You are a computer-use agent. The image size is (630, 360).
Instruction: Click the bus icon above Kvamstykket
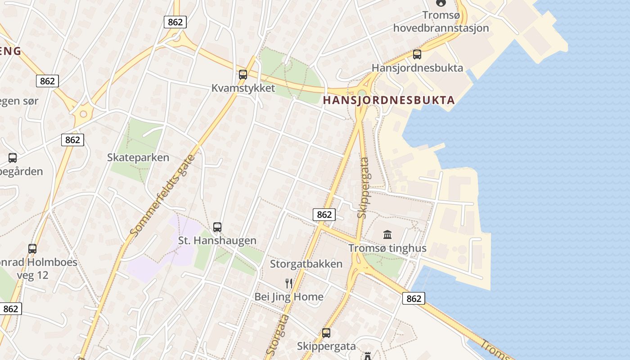(243, 75)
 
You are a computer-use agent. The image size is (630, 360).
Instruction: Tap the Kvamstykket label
(243, 88)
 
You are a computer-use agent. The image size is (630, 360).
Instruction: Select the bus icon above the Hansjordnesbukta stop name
(417, 54)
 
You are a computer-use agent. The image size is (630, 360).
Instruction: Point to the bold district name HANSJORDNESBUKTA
(389, 100)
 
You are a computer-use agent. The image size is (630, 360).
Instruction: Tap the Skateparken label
(138, 157)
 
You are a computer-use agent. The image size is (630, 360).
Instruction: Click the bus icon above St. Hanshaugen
(217, 227)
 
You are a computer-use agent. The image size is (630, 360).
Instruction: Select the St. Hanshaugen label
(217, 240)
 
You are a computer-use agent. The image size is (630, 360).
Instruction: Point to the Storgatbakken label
(306, 264)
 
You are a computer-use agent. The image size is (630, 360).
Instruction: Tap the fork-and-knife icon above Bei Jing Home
(289, 283)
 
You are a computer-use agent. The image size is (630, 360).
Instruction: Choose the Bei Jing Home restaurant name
(289, 297)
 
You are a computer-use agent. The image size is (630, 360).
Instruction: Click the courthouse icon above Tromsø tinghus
(387, 234)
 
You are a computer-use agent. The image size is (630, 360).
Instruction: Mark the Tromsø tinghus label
(387, 248)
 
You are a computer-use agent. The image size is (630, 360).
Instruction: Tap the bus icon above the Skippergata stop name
(326, 333)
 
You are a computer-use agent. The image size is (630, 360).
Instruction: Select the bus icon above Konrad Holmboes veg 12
(32, 248)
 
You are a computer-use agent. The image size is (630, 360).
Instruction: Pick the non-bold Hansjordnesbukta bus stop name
(417, 68)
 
